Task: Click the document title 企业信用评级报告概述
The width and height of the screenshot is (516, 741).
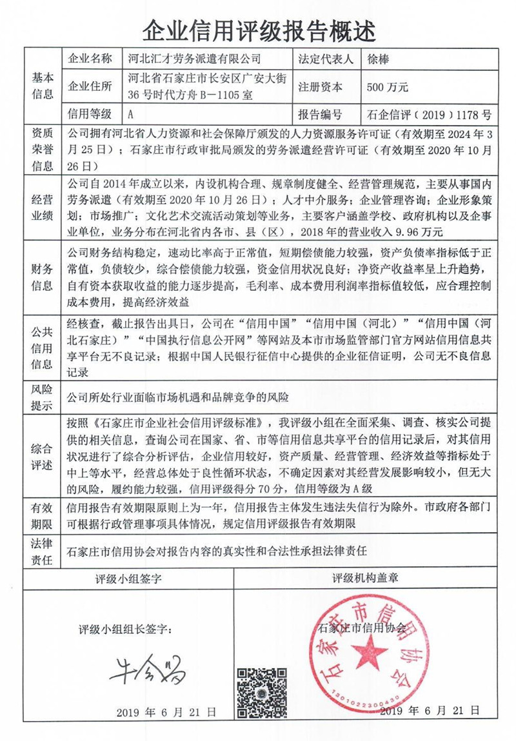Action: [x=258, y=28]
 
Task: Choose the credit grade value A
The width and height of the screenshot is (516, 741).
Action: [x=132, y=115]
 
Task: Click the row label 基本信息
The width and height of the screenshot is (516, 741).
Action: [x=43, y=87]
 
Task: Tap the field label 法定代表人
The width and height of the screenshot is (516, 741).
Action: [x=326, y=59]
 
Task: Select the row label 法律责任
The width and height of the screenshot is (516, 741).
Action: [x=43, y=552]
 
